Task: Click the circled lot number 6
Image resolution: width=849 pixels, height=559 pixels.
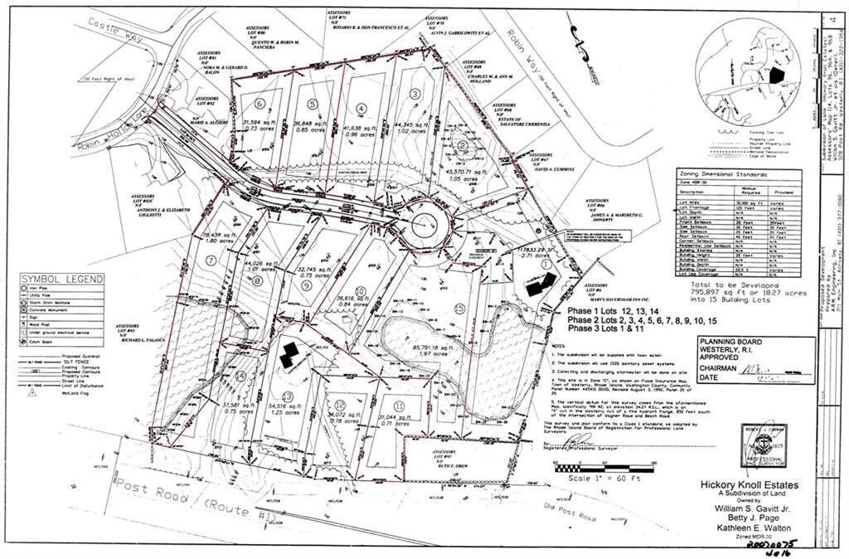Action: [x=260, y=105]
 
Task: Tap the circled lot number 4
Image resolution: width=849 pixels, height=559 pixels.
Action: [x=361, y=108]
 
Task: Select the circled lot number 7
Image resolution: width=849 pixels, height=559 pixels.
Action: [x=211, y=260]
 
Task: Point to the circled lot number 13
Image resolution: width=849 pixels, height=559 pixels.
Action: [x=289, y=396]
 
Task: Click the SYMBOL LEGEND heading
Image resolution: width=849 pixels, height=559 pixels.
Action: [x=63, y=279]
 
